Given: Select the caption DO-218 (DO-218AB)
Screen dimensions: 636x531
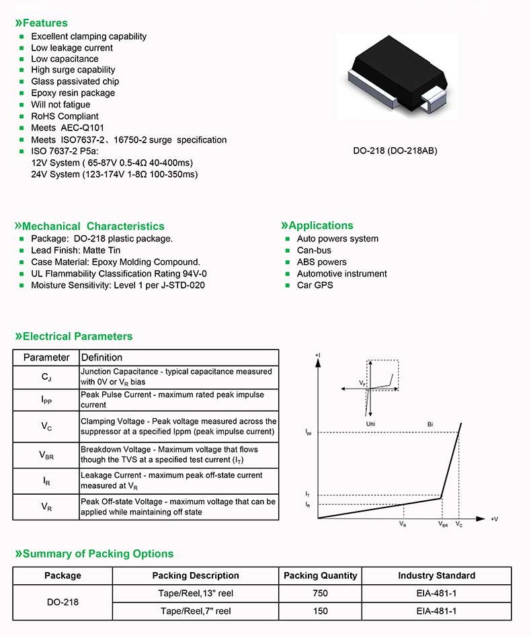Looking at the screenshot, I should coord(395,151).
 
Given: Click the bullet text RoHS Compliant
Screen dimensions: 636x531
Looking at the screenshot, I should coord(65,116).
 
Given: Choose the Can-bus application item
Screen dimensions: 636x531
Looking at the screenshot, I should coord(314,251).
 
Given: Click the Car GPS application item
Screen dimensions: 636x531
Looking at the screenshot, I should coord(315,285).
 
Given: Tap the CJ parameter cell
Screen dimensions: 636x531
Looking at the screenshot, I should coord(46,376).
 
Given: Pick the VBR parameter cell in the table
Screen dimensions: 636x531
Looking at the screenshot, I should coord(46,454).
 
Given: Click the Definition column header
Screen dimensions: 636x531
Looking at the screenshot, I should coord(101,357).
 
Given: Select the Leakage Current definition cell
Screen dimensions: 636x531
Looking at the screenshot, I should coord(178,480).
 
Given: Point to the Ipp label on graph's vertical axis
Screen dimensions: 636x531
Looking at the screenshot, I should coord(308,433).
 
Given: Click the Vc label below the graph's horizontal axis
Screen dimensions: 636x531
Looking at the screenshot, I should coord(459,524).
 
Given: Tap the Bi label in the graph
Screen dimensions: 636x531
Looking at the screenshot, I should coord(430,424).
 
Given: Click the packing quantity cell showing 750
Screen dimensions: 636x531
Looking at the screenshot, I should coord(321,594).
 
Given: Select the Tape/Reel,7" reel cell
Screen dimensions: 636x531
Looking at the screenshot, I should coord(196,611).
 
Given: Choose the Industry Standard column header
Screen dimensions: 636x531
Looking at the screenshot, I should coord(436,575).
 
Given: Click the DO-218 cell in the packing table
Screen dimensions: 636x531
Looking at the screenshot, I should coord(63,602).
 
